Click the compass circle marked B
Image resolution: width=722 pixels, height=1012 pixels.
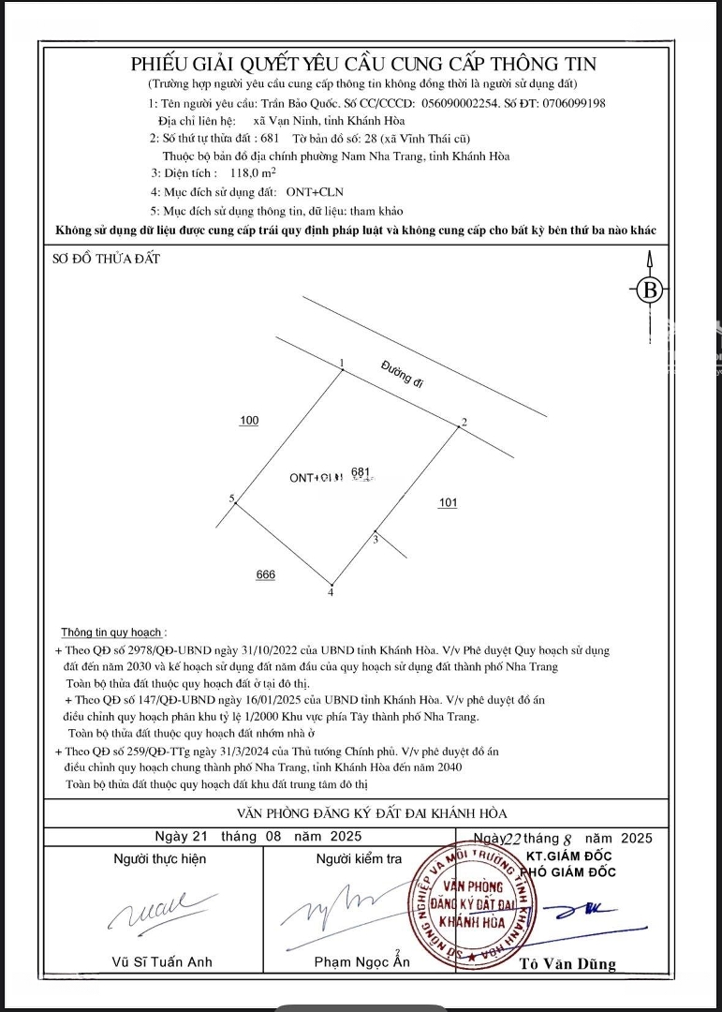coord(650,290)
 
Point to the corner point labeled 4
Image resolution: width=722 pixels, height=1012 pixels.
coord(331,582)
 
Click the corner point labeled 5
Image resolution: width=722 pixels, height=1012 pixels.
coord(236,504)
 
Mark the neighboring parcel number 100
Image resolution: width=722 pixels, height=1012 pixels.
coord(249,421)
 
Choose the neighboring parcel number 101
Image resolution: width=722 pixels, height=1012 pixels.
coord(448,503)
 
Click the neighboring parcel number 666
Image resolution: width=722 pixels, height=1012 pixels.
coord(266,574)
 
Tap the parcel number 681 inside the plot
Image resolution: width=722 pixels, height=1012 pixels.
coord(361,472)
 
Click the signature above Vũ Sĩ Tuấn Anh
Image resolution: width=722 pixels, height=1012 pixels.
coord(150,909)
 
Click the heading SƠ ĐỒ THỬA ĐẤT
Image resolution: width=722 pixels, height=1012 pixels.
coord(106,260)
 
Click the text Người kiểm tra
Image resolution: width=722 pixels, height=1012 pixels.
coord(359,858)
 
